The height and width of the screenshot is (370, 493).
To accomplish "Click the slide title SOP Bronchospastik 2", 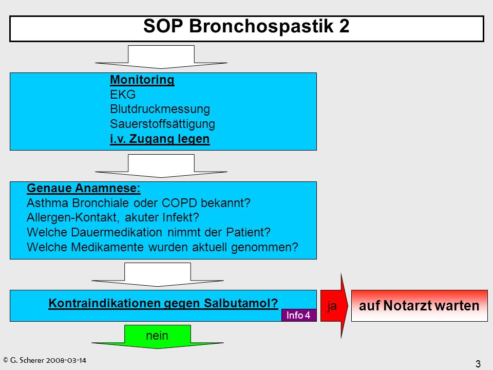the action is [246, 26].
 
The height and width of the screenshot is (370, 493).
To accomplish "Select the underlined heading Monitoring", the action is [142, 80].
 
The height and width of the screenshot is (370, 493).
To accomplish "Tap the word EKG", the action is [123, 95].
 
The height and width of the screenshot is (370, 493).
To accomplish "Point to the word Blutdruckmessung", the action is [160, 109].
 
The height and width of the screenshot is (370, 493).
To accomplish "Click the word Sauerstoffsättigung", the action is [163, 124].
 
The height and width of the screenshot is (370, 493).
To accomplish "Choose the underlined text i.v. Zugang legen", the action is [160, 139].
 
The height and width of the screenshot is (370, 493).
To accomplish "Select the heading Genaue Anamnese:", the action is [84, 188].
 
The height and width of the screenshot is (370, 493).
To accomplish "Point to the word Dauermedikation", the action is [117, 232].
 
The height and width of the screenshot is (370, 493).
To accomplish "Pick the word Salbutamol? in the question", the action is [241, 303].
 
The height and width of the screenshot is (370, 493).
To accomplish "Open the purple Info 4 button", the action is [299, 315].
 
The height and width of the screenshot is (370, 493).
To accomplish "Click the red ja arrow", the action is [334, 306].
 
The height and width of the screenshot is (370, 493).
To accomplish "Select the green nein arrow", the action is [158, 336].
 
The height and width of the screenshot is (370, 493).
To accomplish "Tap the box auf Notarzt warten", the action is [419, 305].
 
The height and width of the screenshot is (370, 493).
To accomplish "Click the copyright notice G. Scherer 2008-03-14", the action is [44, 360].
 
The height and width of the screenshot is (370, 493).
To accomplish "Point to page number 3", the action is [478, 364].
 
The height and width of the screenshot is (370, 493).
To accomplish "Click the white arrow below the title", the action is [161, 57].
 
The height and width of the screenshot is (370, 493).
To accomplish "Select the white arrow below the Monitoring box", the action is [161, 166].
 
